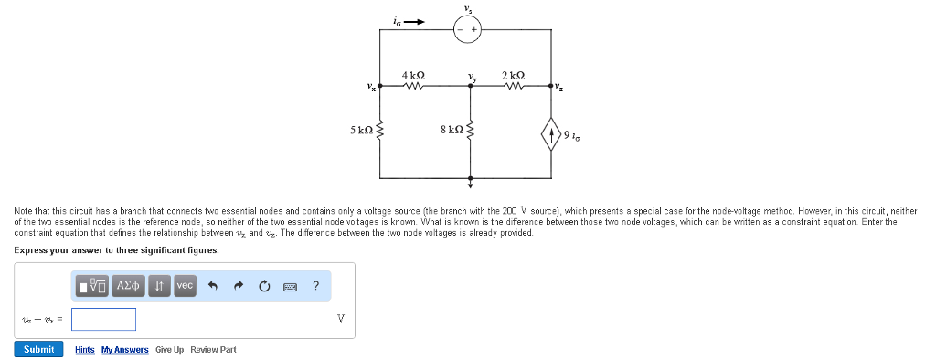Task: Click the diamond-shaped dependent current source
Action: click(x=552, y=137)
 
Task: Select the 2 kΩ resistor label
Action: click(x=513, y=74)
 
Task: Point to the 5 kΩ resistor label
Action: click(x=361, y=131)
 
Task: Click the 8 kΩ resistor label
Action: click(x=452, y=131)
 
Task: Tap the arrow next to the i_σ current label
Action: click(x=416, y=22)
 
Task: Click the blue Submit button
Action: click(x=38, y=349)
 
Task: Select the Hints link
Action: click(x=84, y=350)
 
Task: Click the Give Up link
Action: click(x=169, y=350)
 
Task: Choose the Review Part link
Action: click(x=213, y=350)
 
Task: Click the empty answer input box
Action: click(x=104, y=319)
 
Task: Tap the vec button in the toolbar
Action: click(x=185, y=286)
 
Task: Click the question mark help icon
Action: click(x=315, y=286)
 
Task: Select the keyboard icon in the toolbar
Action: click(x=290, y=287)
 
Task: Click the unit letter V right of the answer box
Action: click(x=340, y=319)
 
